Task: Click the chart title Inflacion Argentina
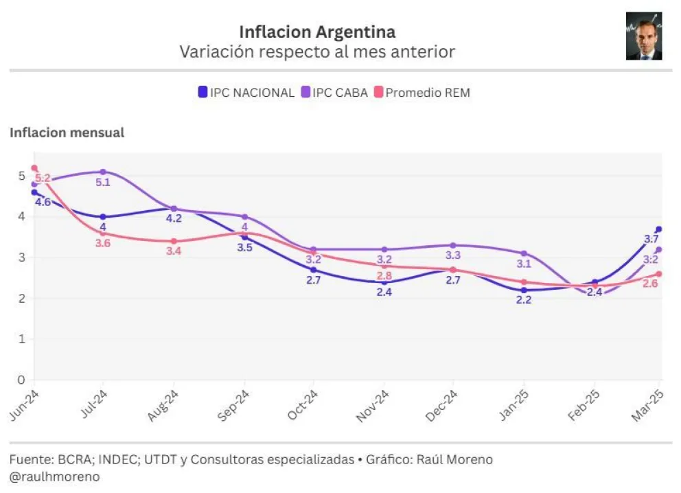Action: click(317, 32)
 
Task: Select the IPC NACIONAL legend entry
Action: click(246, 92)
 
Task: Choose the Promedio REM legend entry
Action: click(422, 92)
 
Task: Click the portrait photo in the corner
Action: click(643, 36)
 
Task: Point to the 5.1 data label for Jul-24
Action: click(103, 183)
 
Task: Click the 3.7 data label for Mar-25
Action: click(651, 239)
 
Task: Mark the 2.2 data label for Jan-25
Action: click(524, 300)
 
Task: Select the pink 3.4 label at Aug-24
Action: click(174, 251)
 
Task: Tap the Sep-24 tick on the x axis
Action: click(233, 406)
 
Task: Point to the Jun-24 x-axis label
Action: click(24, 406)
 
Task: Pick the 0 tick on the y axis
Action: click(21, 380)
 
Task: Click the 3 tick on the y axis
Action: click(21, 257)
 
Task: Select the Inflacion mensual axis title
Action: click(67, 133)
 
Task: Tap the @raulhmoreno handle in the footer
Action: click(54, 476)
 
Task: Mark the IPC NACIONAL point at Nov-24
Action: click(384, 282)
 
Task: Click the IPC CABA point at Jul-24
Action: click(103, 172)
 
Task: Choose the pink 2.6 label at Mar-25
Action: click(651, 284)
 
